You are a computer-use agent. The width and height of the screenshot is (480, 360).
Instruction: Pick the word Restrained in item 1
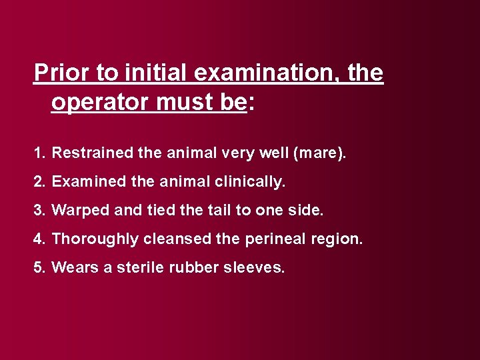93,153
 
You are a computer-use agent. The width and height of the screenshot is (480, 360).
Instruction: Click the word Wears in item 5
73,267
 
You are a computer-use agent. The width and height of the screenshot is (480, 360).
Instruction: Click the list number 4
39,239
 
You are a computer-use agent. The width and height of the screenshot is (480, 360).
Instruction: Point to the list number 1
39,153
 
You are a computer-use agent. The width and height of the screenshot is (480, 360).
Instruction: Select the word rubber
199,267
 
